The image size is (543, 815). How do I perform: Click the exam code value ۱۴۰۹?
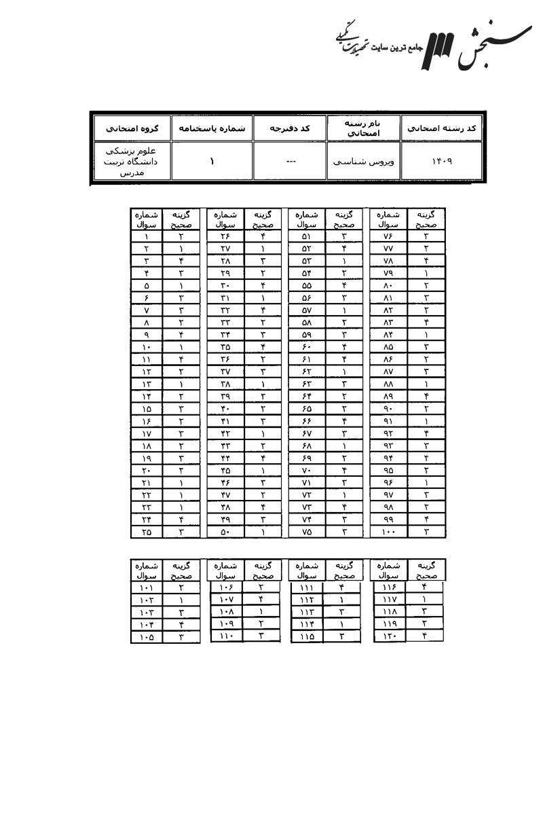[x=441, y=162]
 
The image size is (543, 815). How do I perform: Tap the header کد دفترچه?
[x=290, y=127]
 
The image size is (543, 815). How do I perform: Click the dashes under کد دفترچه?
[x=290, y=162]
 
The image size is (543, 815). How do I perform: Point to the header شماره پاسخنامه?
[x=211, y=127]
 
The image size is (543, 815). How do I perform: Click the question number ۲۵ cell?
[x=147, y=532]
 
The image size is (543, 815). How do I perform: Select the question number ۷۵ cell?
[x=306, y=532]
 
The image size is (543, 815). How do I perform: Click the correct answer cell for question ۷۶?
[x=426, y=236]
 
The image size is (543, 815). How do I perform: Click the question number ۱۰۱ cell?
[x=147, y=588]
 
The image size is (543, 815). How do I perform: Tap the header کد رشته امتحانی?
[x=441, y=127]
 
